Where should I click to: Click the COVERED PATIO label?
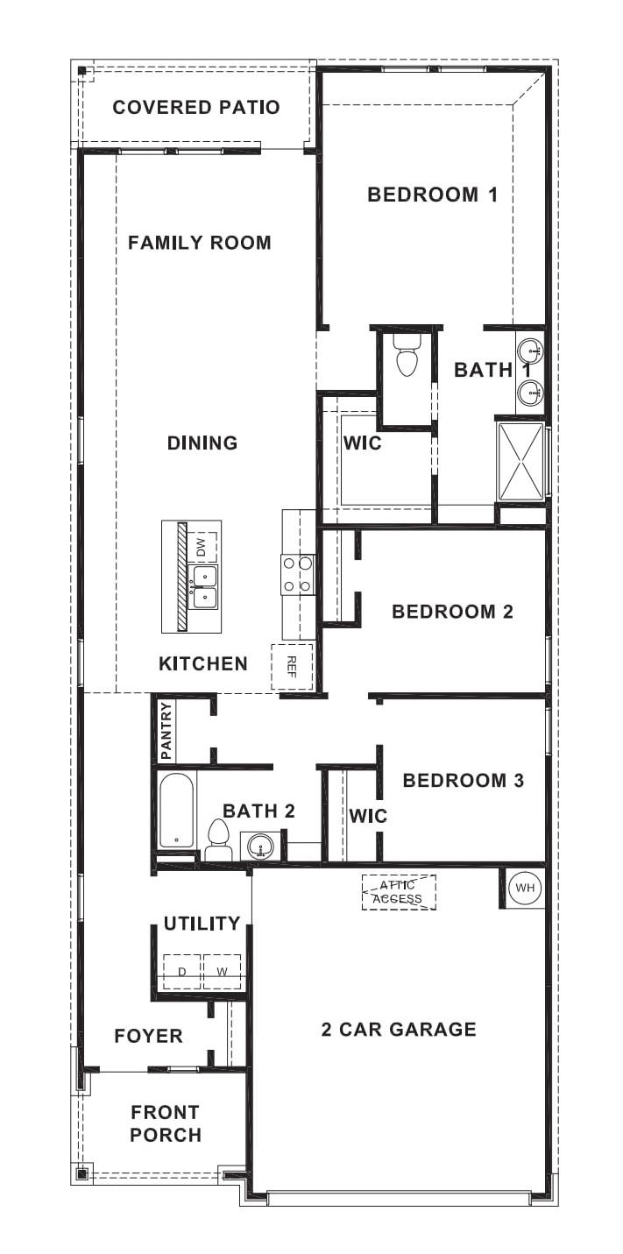click(x=196, y=108)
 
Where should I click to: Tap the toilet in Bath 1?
click(x=407, y=358)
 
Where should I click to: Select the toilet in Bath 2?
click(x=217, y=839)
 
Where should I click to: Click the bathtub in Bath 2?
click(x=177, y=810)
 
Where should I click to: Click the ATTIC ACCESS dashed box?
click(x=399, y=892)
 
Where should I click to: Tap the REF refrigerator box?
click(x=292, y=666)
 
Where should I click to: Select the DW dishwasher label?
click(x=202, y=548)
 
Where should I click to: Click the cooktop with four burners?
click(x=298, y=575)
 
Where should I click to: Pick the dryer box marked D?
click(x=182, y=972)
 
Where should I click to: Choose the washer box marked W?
click(x=222, y=972)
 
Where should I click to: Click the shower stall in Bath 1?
click(x=521, y=461)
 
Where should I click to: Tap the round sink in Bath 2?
click(x=261, y=846)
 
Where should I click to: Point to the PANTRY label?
click(x=166, y=731)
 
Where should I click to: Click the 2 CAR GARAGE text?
click(x=399, y=1029)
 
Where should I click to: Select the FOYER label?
click(x=149, y=1037)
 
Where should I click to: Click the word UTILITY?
click(x=202, y=923)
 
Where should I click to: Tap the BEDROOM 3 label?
click(x=463, y=780)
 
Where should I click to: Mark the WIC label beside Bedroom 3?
click(x=368, y=816)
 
